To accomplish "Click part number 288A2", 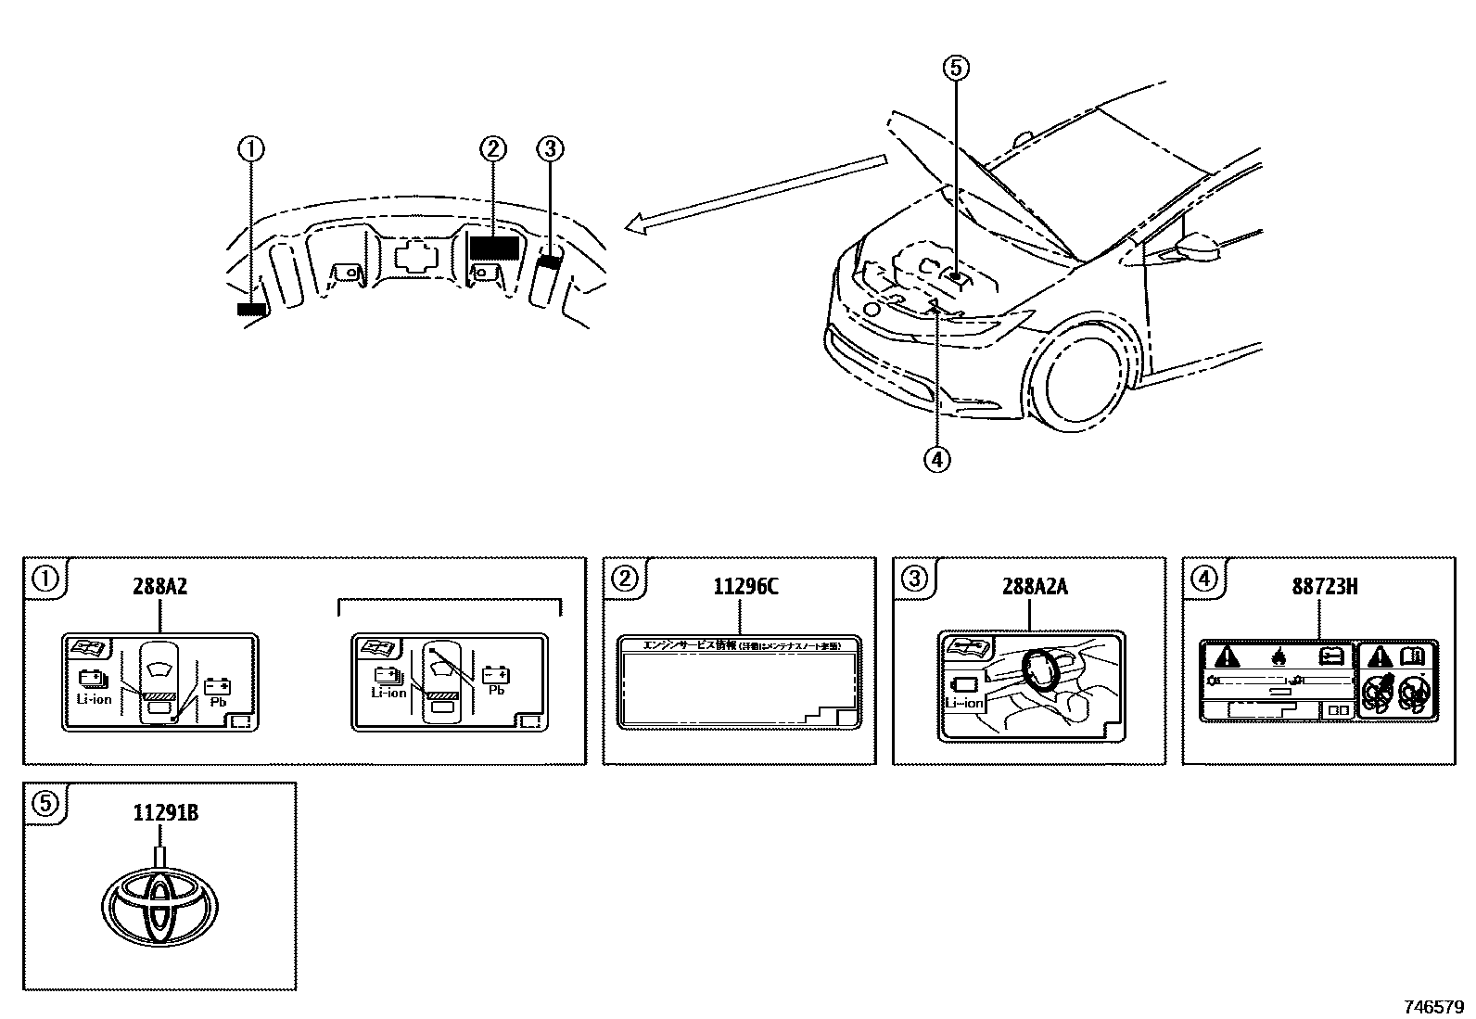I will coord(159,587).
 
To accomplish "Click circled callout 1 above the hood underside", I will coord(250,148).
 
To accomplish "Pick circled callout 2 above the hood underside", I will coord(492,148).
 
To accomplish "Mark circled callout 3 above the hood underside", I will coord(550,148).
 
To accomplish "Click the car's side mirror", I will coord(1198,246).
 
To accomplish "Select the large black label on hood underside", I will coord(493,248).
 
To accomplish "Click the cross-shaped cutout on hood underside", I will coord(414,256).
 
